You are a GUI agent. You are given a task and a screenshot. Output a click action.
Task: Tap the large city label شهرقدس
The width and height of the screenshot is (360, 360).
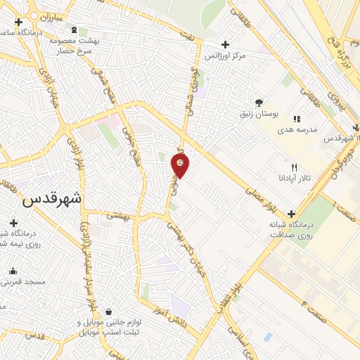point(52,198)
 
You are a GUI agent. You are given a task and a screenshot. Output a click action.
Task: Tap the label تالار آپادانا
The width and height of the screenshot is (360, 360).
point(294,179)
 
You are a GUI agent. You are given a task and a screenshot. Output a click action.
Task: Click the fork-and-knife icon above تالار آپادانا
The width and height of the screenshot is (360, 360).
point(294,167)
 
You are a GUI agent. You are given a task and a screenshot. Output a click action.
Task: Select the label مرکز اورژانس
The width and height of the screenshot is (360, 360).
point(224,54)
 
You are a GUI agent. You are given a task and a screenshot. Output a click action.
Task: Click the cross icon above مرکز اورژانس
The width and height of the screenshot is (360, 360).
point(224,43)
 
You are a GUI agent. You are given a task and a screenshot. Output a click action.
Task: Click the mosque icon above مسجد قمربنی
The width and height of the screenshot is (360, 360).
point(13,271)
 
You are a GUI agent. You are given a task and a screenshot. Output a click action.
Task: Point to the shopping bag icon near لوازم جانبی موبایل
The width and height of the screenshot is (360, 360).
point(108,311)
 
